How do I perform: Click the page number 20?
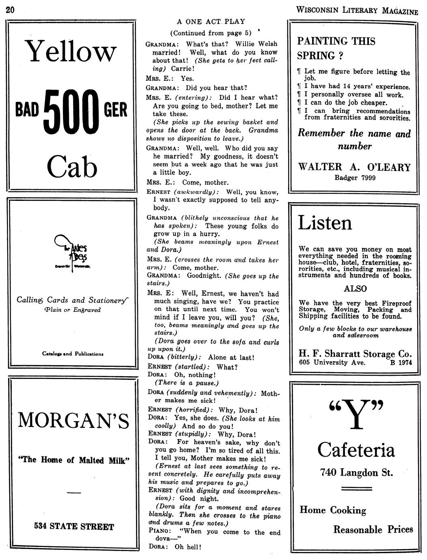point(10,9)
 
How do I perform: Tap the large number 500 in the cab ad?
point(72,111)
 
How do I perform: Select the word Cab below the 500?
point(72,167)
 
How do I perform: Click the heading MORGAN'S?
point(73,420)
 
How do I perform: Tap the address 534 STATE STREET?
point(74,526)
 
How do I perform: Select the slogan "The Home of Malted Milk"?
point(73,460)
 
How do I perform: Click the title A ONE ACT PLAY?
point(211,22)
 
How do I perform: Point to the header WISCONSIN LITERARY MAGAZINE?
point(357,11)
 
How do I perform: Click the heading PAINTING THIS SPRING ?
point(336,48)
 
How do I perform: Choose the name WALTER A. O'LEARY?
point(354,167)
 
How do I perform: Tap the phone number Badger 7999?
point(355,177)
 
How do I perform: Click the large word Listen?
point(325,223)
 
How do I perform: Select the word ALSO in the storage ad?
point(355,289)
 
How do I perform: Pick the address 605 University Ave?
point(332,362)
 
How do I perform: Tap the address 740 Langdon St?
point(356,472)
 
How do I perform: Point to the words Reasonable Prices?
point(373,530)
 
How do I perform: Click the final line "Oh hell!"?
point(188,547)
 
